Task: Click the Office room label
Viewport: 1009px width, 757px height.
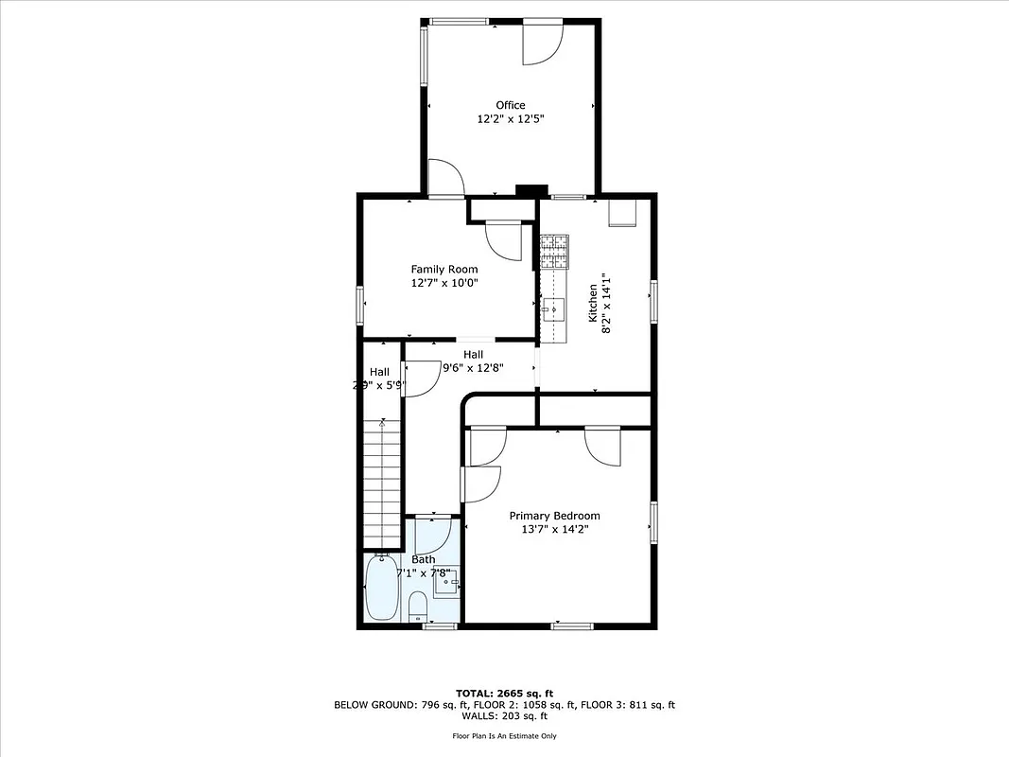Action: [511, 105]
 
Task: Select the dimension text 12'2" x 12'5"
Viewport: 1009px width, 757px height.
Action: [511, 119]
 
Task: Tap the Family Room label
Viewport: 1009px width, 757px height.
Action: [444, 270]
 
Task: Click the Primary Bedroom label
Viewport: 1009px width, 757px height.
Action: [555, 516]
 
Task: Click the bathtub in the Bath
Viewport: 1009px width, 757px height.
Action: [382, 588]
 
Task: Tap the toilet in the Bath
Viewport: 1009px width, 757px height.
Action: [418, 606]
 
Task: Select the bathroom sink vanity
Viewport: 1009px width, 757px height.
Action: [446, 582]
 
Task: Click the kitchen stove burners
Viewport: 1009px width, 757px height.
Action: [552, 250]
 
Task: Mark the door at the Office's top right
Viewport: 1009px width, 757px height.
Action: [543, 43]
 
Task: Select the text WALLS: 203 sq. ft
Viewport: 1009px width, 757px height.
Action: [504, 716]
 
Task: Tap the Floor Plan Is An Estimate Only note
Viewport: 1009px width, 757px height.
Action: [504, 735]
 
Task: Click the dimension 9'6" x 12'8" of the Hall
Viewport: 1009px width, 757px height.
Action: [474, 368]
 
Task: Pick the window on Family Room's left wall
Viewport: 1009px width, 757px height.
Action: [359, 306]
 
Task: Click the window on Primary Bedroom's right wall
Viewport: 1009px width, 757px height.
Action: [652, 522]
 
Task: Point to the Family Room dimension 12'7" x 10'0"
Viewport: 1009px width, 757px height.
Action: [444, 283]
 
